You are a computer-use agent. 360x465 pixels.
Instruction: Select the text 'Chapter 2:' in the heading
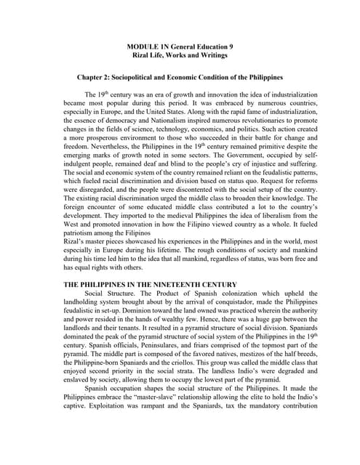tap(94, 76)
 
